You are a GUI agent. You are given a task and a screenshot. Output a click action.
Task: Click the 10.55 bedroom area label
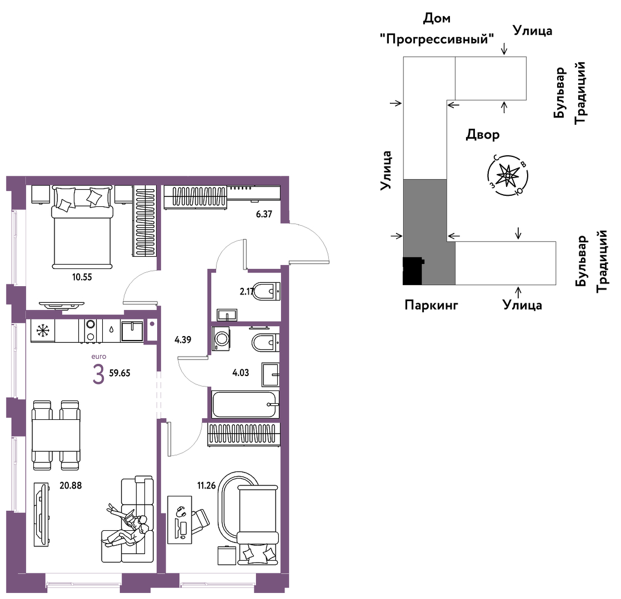82,277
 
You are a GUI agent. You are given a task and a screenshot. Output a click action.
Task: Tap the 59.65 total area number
119,373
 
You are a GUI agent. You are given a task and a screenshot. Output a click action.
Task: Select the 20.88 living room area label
71,485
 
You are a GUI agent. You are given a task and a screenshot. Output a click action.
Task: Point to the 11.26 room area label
206,485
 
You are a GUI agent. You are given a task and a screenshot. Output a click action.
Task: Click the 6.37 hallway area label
264,214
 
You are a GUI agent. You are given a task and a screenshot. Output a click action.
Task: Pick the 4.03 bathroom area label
241,373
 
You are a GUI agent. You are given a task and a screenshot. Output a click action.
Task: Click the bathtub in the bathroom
245,404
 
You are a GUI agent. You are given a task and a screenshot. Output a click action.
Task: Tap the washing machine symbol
221,339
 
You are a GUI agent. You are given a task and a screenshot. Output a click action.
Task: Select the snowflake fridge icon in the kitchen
43,331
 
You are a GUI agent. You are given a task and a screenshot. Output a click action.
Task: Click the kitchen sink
132,331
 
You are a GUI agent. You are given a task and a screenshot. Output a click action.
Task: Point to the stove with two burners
91,331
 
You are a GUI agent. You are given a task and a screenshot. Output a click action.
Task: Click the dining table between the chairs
56,435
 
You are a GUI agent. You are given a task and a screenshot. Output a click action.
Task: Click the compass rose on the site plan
508,175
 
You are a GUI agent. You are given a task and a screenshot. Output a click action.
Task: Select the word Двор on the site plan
482,135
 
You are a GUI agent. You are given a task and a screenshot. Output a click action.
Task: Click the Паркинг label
431,305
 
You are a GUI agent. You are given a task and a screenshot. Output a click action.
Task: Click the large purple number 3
98,374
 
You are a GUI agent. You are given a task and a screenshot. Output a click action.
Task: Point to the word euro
99,357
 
